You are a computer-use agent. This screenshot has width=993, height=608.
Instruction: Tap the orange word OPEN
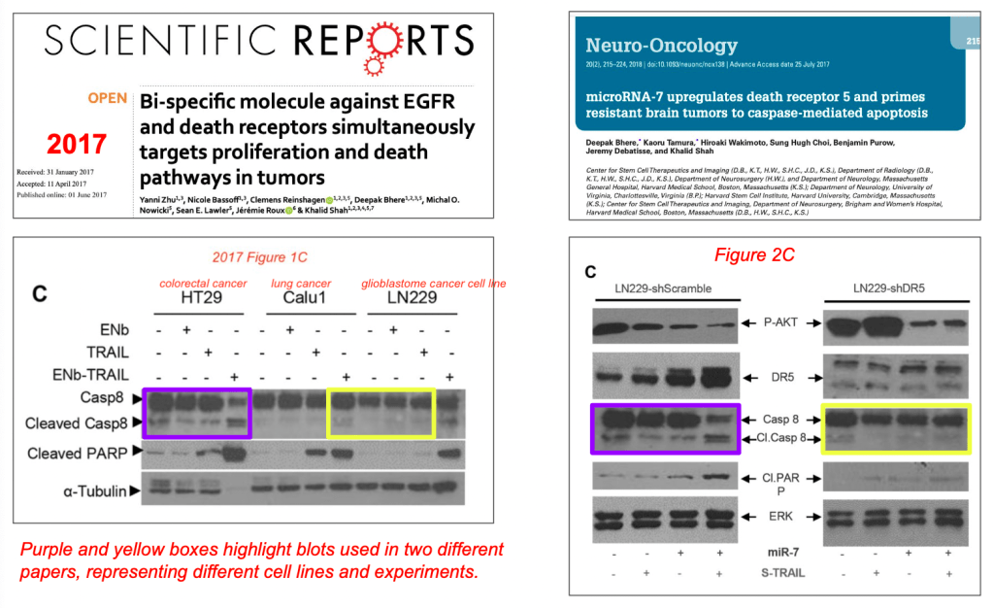(x=107, y=99)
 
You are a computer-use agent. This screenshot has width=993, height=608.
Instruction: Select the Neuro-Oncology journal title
(x=661, y=45)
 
